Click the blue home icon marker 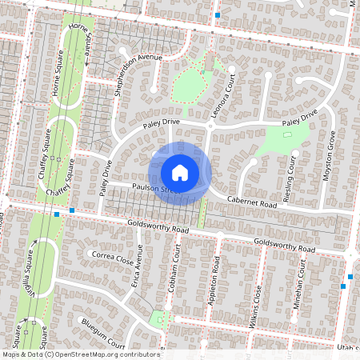(180, 173)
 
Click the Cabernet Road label (251, 204)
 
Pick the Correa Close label (113, 258)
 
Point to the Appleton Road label (214, 278)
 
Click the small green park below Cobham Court (164, 319)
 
